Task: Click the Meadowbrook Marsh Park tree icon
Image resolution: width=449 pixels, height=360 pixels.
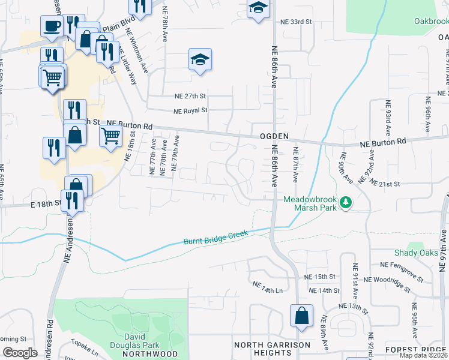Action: tap(345, 203)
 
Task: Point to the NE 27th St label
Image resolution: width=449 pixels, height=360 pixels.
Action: tap(190, 96)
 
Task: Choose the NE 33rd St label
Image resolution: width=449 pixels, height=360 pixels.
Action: tap(297, 22)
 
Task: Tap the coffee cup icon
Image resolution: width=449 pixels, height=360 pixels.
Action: tap(52, 26)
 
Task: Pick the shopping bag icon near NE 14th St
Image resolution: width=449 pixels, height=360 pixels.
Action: tap(301, 315)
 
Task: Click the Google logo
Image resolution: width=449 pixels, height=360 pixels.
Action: tap(19, 353)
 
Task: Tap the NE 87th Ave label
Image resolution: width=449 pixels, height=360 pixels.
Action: tap(295, 165)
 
